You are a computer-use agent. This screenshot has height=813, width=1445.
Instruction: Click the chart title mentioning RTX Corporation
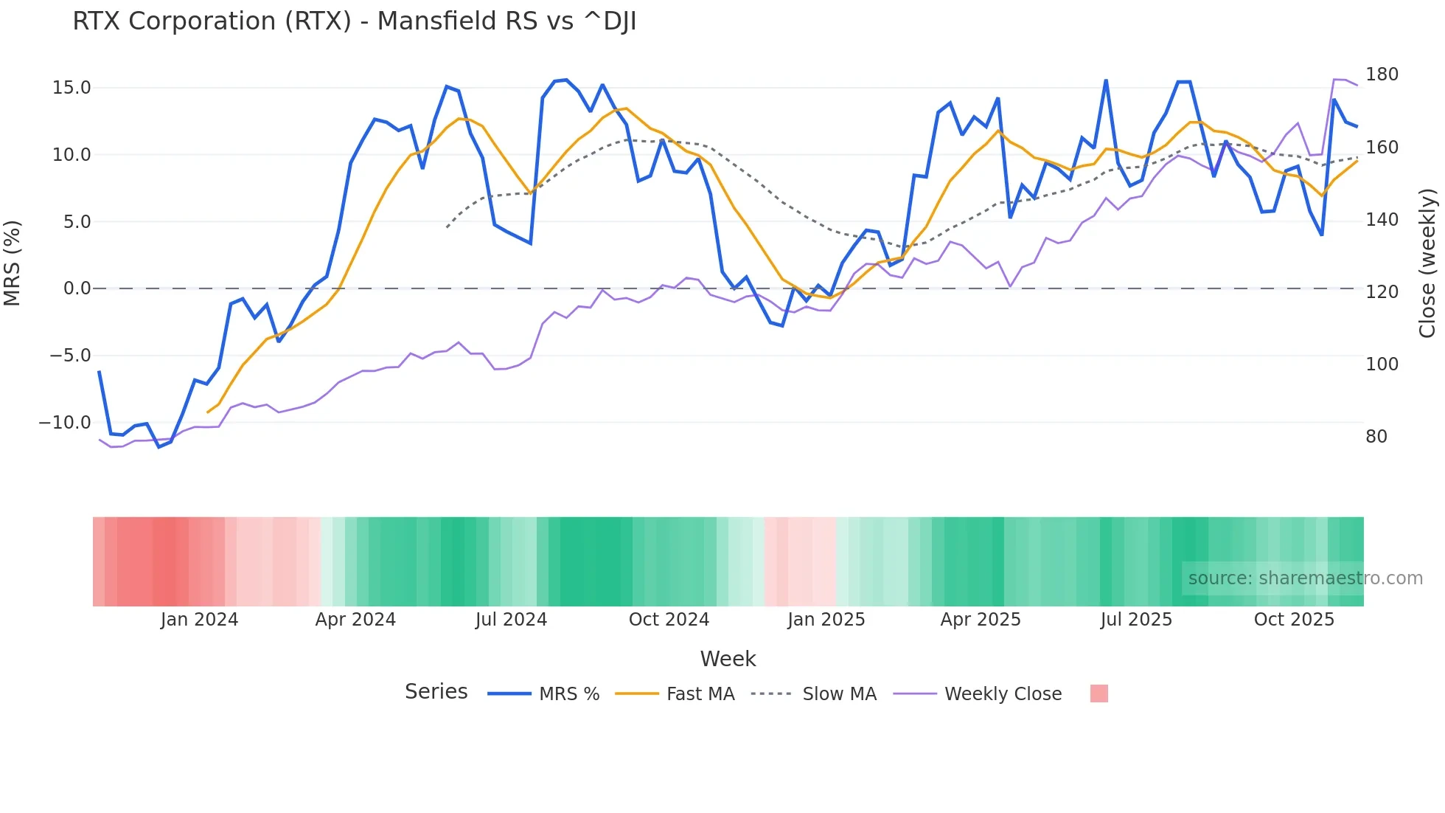click(x=354, y=21)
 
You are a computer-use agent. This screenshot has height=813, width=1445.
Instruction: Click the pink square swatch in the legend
click(x=1098, y=693)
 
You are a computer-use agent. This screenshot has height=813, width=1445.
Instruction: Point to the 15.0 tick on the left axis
click(x=72, y=88)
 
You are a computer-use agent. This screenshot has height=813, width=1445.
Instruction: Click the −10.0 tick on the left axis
click(x=65, y=423)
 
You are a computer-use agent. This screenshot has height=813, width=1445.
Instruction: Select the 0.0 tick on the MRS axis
click(x=77, y=288)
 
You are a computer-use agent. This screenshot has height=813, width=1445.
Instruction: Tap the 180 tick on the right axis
click(x=1382, y=75)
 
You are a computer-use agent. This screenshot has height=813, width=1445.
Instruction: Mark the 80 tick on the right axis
click(x=1376, y=437)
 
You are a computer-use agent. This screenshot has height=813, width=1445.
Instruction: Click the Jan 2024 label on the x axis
click(x=199, y=620)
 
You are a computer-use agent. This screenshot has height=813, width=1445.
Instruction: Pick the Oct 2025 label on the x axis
click(x=1294, y=620)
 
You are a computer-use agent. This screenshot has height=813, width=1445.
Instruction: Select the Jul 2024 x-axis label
click(x=511, y=620)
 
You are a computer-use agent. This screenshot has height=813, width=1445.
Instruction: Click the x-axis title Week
click(x=728, y=659)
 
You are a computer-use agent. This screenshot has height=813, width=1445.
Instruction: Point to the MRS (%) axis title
click(x=13, y=263)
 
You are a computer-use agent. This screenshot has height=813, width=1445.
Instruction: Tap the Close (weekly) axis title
click(x=1427, y=263)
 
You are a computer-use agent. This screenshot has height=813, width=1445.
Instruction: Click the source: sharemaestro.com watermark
click(x=1305, y=578)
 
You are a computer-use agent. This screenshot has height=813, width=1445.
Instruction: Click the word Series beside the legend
click(x=436, y=692)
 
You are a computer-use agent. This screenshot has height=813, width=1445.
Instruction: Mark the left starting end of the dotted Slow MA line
click(x=448, y=227)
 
